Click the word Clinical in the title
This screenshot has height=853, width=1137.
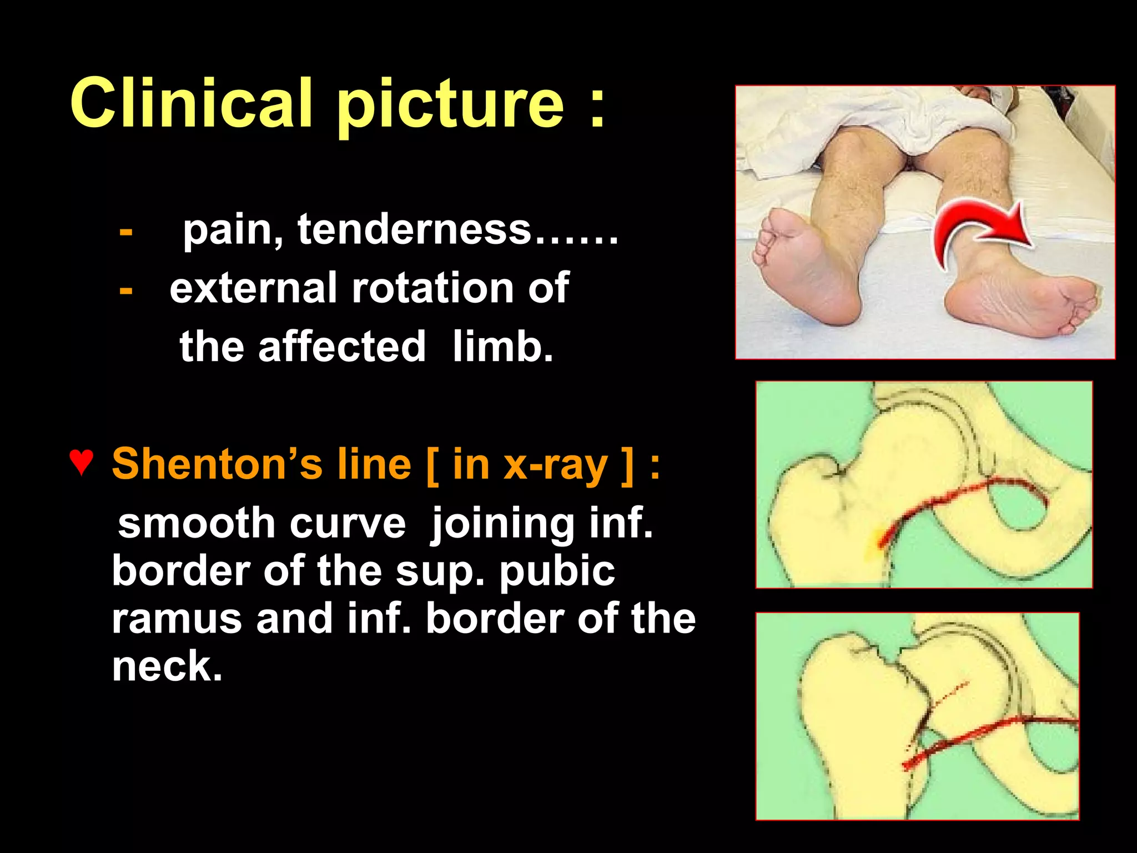click(x=191, y=103)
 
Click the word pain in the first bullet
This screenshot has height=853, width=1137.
click(x=232, y=230)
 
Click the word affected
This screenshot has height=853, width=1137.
click(x=341, y=347)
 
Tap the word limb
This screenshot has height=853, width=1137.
click(x=502, y=347)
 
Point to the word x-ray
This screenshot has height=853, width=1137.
click(x=555, y=465)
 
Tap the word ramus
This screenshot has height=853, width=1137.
click(x=177, y=619)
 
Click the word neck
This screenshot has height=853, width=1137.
click(x=167, y=666)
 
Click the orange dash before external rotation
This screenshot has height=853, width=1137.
click(x=126, y=290)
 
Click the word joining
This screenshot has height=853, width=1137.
click(x=503, y=523)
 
